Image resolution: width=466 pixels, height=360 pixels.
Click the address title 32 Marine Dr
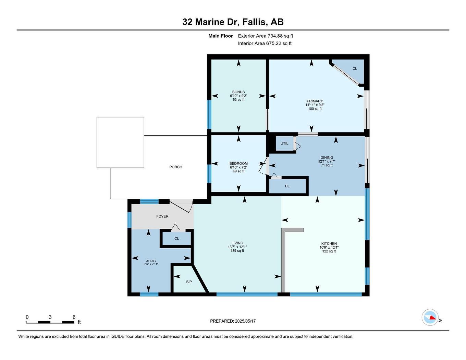coord(233,22)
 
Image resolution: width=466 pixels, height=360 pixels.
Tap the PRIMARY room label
coord(315,101)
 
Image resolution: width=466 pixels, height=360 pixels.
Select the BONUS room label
coord(238,92)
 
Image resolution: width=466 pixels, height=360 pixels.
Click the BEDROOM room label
coord(238,163)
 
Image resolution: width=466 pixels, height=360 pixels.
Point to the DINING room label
coord(327,158)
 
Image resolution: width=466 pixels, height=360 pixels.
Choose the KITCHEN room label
coord(329,244)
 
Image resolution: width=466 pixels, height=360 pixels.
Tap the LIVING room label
coord(237,243)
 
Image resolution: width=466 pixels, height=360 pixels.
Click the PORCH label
coord(176,167)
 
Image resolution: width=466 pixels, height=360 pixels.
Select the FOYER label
coord(162,216)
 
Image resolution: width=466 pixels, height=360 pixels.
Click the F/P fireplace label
coord(189,282)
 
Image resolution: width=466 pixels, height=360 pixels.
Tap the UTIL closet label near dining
coord(284,143)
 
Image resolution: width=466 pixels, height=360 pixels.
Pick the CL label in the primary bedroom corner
coord(355,69)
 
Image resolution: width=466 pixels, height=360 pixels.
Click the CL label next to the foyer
coord(176,238)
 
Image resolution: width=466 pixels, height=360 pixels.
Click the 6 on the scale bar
coord(74,317)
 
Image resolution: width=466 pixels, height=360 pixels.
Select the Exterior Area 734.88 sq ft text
coord(265,36)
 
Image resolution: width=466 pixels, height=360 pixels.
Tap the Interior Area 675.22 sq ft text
coord(265,43)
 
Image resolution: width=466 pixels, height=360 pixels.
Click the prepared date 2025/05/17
coord(245,321)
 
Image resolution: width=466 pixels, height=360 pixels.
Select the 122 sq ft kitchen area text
coord(329,251)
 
